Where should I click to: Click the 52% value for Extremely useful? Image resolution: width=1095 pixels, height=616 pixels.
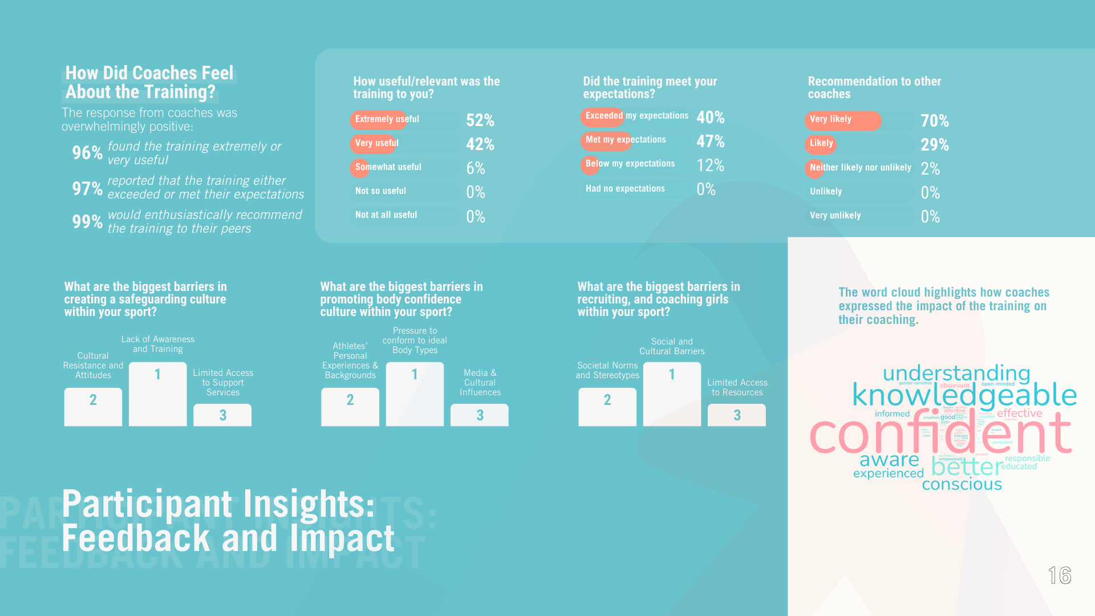coord(480,120)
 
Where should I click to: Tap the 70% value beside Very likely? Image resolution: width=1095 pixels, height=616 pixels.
coord(934,121)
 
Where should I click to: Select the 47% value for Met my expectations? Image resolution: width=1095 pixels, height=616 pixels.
coord(710,141)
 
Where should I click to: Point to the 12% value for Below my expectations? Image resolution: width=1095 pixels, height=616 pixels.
coord(710,165)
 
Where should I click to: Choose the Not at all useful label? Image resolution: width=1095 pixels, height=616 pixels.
coord(386,215)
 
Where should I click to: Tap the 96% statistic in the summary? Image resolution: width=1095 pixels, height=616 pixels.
coord(87,153)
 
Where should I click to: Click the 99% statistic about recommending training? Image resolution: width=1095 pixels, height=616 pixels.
coord(87,221)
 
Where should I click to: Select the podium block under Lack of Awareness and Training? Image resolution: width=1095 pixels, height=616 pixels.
coord(158,394)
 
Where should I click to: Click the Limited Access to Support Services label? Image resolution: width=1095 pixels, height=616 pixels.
coord(223,383)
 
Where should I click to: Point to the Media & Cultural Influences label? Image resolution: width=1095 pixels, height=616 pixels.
coord(480,383)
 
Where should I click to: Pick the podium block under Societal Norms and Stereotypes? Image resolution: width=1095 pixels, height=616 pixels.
coord(607,406)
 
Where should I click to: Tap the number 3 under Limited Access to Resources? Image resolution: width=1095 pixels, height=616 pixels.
coord(737,415)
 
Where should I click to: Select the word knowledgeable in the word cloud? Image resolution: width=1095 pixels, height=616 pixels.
coord(964,395)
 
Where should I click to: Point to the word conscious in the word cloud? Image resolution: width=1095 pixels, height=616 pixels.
coord(962,485)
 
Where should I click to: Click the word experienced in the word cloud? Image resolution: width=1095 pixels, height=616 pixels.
coord(888,473)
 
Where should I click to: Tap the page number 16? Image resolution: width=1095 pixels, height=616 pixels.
coord(1060,576)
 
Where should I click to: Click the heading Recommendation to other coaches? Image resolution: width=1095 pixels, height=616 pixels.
coord(874,88)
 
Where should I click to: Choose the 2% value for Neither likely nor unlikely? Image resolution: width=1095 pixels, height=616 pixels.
coord(930,169)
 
